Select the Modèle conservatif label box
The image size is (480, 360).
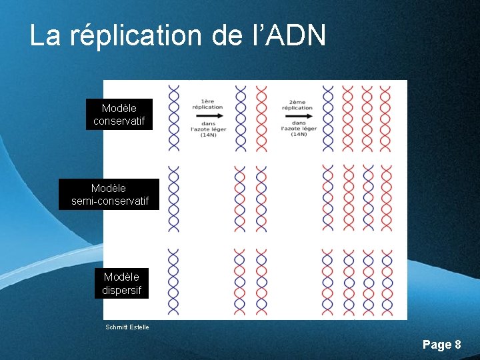[119, 115]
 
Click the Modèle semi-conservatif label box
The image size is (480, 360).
[109, 195]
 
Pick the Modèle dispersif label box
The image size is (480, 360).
[121, 283]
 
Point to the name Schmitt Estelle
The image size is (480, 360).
[127, 327]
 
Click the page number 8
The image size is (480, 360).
[457, 344]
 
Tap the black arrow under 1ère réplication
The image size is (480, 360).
[208, 115]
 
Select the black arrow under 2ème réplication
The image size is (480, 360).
[297, 115]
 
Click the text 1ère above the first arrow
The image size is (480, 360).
[207, 101]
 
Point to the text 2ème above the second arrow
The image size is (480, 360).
[297, 101]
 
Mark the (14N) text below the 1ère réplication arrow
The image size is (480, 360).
[207, 135]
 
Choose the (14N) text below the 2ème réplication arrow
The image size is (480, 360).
[298, 135]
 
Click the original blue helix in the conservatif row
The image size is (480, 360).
[174, 117]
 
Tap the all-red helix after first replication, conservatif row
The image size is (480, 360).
[261, 117]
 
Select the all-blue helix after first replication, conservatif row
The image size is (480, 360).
[240, 117]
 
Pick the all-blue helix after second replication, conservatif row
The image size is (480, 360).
[327, 117]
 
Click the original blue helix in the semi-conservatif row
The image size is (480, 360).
[174, 199]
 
